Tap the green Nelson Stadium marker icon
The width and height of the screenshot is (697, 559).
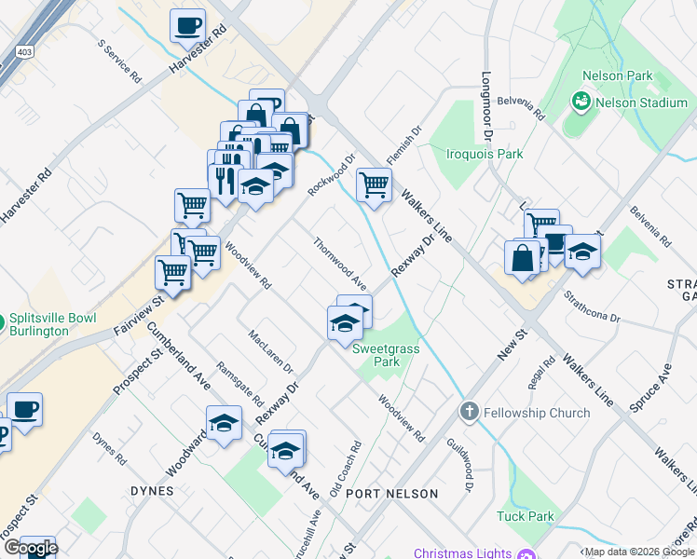[582, 100]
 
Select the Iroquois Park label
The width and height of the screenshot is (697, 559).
[484, 154]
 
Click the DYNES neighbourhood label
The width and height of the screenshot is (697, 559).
[152, 491]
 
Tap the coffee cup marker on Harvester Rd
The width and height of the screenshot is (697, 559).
[188, 26]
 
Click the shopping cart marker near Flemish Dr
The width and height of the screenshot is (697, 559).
[374, 185]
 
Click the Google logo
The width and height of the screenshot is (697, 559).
[30, 548]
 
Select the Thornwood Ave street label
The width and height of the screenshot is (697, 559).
[339, 263]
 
